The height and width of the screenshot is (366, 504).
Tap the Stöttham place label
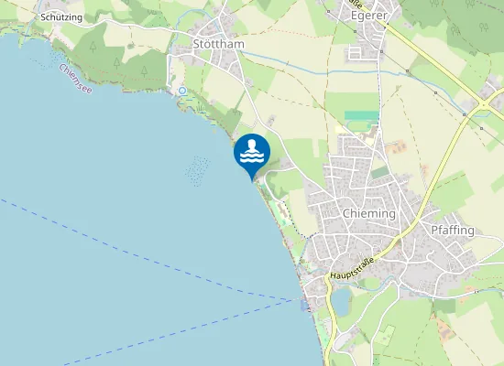216,43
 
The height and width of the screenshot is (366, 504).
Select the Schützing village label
61,17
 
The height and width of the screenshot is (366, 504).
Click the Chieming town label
367,213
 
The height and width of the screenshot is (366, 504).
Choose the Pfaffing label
452,230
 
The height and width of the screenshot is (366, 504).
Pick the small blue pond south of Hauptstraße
340,300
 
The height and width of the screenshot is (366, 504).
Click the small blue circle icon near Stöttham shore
182,91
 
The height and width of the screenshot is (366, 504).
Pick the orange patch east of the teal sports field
397,146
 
